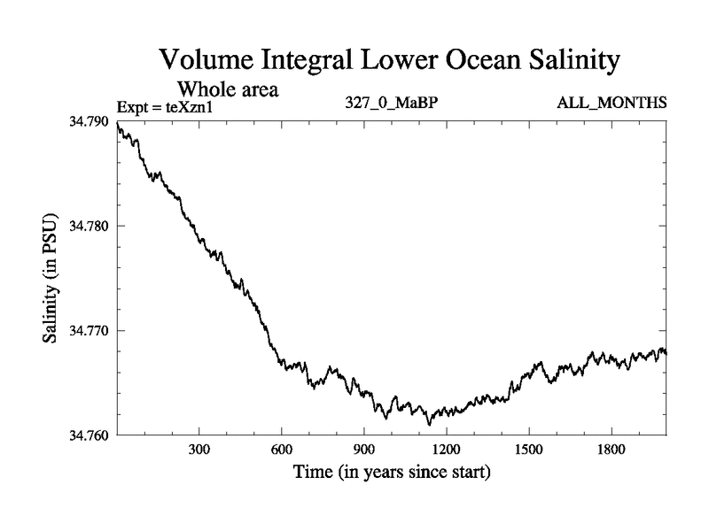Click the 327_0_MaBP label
[x=393, y=104]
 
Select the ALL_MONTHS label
[x=612, y=104]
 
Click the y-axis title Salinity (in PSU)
[x=51, y=278]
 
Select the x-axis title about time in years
[x=392, y=473]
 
